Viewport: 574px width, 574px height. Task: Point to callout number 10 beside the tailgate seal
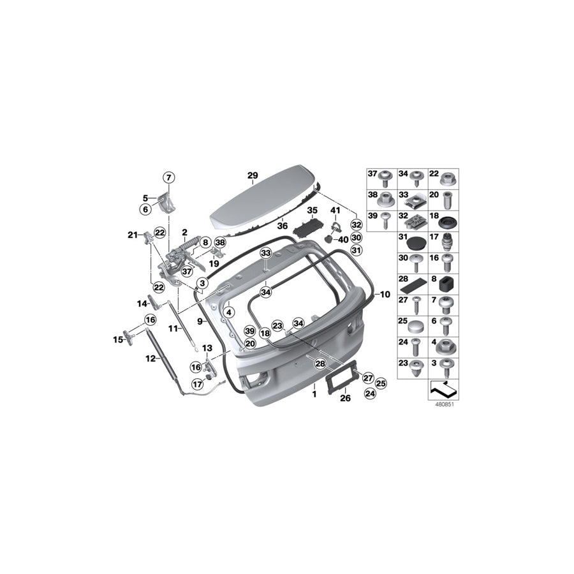point(384,295)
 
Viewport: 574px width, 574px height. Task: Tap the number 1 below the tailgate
point(314,395)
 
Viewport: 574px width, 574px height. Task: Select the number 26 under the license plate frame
point(345,399)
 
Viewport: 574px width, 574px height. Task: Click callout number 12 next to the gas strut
point(150,358)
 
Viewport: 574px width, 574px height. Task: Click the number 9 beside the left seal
point(200,321)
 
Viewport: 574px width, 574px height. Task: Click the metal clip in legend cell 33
point(415,202)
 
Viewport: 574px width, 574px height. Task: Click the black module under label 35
point(309,225)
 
